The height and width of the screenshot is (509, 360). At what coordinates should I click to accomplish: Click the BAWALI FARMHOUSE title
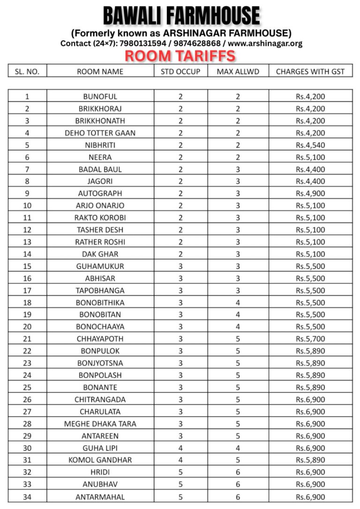coord(181,15)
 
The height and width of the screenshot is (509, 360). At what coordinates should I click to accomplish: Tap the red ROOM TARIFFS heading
coord(180,56)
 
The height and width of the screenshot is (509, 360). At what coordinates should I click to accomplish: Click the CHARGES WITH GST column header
coord(310,71)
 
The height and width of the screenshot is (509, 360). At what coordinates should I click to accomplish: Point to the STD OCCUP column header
coord(180,71)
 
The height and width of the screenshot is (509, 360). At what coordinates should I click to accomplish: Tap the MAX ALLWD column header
coord(238,71)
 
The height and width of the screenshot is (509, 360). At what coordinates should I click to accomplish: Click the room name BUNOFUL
coord(100,97)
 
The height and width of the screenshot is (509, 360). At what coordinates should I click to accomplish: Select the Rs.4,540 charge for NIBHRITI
coord(310,145)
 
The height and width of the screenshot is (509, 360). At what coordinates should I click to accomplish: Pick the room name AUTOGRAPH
coord(100,193)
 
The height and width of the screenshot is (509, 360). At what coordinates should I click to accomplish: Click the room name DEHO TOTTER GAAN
coord(100,133)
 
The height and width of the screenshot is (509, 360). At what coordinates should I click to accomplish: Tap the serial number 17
coord(27,290)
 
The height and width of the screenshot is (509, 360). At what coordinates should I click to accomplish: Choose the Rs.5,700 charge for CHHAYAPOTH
coord(310,338)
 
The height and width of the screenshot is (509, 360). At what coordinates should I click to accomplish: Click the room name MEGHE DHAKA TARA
coord(100,424)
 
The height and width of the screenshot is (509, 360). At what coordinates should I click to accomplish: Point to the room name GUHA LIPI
coord(100,448)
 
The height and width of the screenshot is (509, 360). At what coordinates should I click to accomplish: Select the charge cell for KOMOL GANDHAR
coord(310,460)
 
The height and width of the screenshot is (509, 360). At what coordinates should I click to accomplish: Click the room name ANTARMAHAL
coord(100,496)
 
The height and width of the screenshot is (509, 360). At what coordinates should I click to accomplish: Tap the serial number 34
coord(27,496)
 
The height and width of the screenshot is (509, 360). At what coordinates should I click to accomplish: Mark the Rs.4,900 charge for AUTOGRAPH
coord(310,193)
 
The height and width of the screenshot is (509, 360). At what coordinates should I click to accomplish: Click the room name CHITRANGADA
coord(100,399)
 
